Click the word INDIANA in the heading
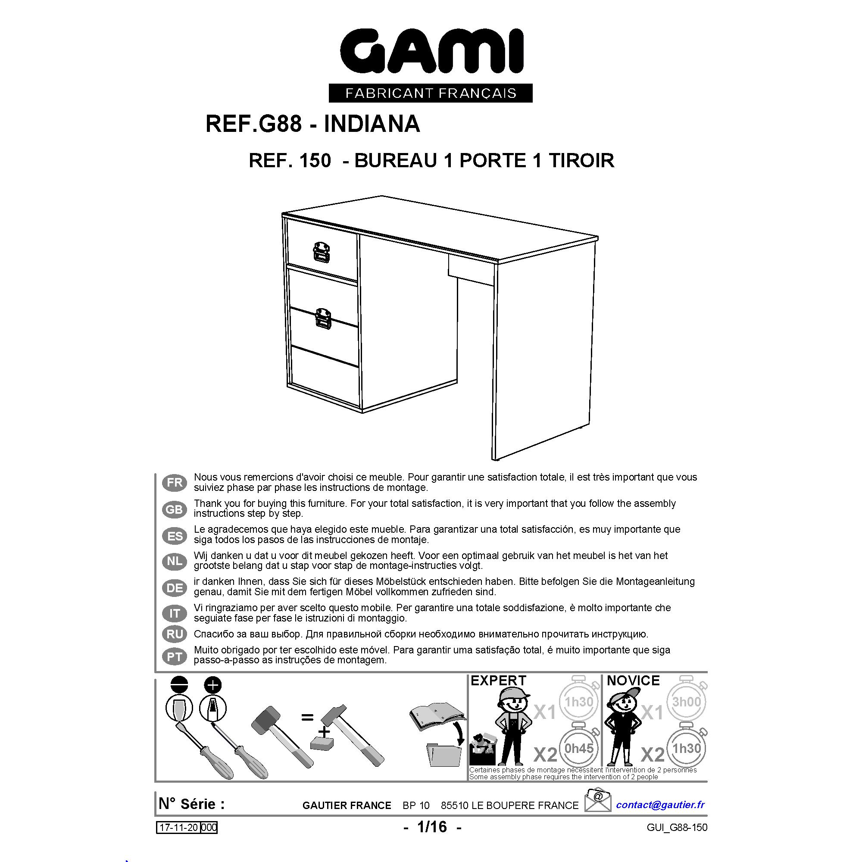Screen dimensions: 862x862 coord(372,124)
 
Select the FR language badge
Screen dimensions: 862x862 coord(175,482)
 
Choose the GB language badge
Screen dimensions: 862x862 coord(175,509)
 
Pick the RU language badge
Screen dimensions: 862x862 coord(175,634)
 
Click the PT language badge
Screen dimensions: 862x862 coord(175,657)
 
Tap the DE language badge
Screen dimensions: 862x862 coord(175,587)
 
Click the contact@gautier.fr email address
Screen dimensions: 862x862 coord(660,805)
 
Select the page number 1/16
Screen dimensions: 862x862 coord(432,827)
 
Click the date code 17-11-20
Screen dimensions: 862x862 coord(178,828)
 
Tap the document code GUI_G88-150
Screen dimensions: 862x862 coord(677,828)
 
